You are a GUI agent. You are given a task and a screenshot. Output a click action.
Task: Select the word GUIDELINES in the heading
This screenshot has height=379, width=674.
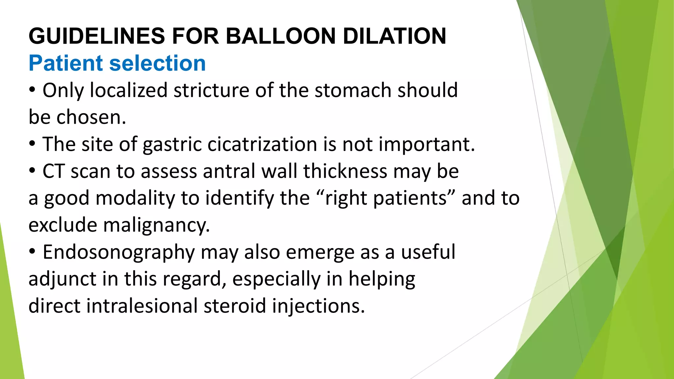pyautogui.click(x=97, y=36)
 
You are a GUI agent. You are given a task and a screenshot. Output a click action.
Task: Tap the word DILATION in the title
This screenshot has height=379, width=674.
pyautogui.click(x=394, y=36)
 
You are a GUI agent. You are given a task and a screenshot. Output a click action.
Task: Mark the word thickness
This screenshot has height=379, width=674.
pyautogui.click(x=345, y=171)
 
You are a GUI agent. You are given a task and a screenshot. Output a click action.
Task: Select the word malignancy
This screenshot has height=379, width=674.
pyautogui.click(x=157, y=226)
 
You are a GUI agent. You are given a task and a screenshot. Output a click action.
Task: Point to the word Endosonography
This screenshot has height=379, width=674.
pyautogui.click(x=119, y=253)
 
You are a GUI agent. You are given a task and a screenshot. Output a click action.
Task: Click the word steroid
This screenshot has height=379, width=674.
pyautogui.click(x=235, y=306)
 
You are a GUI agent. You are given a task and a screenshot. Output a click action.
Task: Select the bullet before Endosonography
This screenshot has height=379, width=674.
pyautogui.click(x=32, y=252)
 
